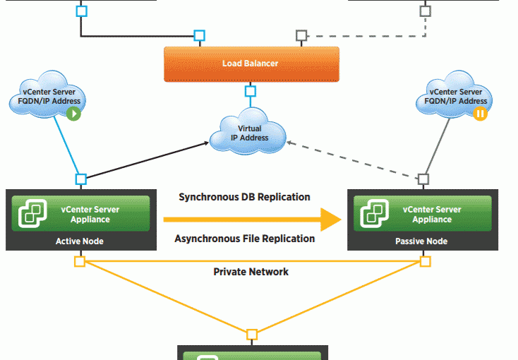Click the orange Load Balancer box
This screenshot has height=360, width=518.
tap(251, 64)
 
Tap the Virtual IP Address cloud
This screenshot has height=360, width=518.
tap(250, 133)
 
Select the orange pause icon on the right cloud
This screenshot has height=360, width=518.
tap(481, 113)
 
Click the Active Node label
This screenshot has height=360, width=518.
tap(80, 241)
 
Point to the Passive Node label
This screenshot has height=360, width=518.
tap(421, 241)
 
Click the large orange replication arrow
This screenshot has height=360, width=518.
tap(247, 219)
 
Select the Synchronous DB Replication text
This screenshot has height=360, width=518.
tap(244, 197)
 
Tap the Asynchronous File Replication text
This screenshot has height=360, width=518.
tap(244, 239)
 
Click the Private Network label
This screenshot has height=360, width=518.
tap(251, 271)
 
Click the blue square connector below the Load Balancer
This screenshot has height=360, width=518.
tap(250, 91)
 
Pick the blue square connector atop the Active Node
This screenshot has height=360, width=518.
tap(81, 179)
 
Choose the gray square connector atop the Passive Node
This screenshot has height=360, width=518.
tap(423, 179)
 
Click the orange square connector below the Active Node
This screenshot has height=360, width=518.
tap(80, 262)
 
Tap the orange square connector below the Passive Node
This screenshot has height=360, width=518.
tap(425, 262)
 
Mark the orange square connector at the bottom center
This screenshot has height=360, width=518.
tap(252, 334)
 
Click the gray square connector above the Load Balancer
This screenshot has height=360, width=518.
tap(301, 35)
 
